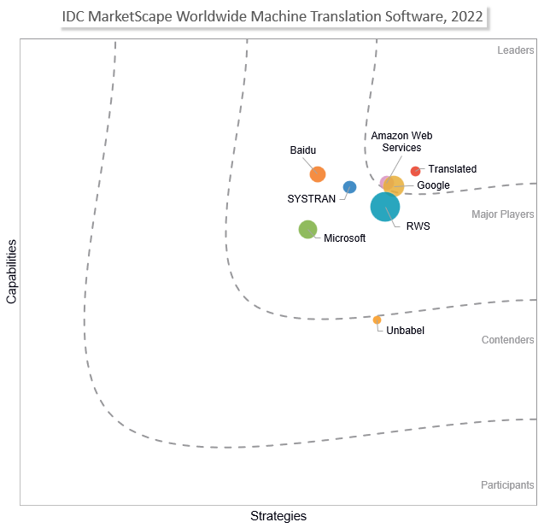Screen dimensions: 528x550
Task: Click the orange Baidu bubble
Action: (318, 174)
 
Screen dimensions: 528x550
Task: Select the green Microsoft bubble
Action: (308, 229)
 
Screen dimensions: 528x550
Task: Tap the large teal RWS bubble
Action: (385, 207)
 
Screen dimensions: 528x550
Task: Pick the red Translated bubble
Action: (416, 171)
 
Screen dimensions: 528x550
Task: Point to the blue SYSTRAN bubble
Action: (349, 187)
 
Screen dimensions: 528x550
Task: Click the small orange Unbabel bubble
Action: (377, 320)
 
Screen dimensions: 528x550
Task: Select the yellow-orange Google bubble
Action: (394, 185)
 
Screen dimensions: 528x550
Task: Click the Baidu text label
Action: (303, 150)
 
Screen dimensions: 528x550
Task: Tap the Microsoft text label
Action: (344, 238)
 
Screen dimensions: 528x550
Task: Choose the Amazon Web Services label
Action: (401, 142)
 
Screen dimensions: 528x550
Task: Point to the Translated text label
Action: (453, 169)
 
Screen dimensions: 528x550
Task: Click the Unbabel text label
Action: (405, 331)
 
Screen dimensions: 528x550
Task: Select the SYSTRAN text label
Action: (311, 199)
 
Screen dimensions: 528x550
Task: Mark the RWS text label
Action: (418, 226)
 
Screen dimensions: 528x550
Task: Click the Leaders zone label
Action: (516, 50)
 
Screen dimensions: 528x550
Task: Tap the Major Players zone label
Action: (503, 214)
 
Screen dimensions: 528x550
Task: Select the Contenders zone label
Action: (508, 340)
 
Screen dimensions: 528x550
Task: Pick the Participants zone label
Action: (507, 485)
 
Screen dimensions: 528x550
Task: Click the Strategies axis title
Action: (278, 516)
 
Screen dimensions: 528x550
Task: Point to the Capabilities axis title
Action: (12, 272)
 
